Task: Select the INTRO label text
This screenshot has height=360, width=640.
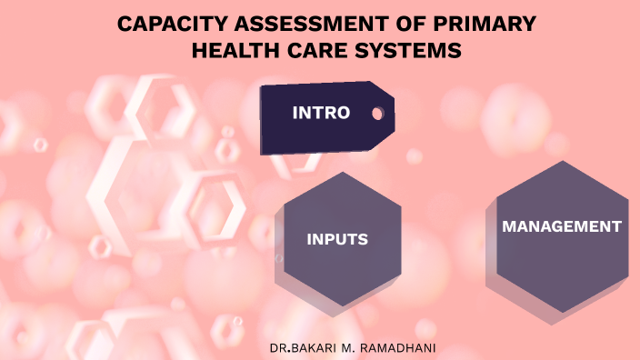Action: [x=321, y=114]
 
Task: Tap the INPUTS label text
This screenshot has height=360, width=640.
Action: [x=337, y=240]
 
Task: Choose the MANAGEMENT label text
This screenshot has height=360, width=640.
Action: [x=562, y=226]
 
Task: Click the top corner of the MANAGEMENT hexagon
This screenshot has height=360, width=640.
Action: [x=563, y=161]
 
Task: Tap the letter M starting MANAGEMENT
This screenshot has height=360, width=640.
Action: [x=510, y=226]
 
